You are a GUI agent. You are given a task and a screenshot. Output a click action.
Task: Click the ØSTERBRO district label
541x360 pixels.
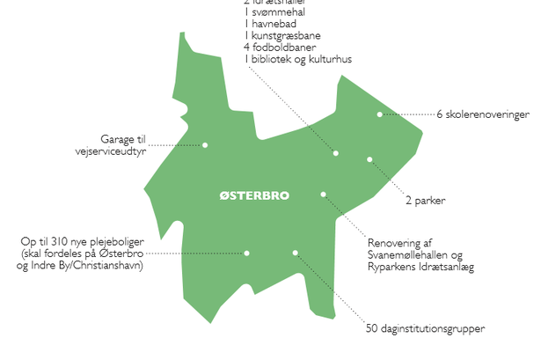pos(254,195)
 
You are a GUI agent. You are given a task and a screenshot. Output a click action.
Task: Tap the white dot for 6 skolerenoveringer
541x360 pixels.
pos(380,114)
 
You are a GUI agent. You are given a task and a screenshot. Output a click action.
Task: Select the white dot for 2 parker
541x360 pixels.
pos(369,159)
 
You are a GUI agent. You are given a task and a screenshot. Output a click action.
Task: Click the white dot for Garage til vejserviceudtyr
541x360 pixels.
pos(205,144)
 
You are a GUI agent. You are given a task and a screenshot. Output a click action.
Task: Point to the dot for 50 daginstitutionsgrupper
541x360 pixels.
pos(296,253)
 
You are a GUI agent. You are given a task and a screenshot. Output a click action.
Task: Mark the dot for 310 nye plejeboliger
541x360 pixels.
pos(247,253)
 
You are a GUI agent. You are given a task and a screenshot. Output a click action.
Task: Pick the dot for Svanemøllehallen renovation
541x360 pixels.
pos(324,194)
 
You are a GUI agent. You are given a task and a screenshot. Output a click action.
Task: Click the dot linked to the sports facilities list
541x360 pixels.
pos(336,153)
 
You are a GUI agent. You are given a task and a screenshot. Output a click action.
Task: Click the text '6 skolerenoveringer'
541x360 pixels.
pos(483,114)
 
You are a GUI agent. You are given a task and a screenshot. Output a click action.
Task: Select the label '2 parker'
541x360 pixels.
pos(427,201)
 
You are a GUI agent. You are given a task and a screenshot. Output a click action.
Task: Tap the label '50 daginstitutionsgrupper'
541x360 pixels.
pos(425,330)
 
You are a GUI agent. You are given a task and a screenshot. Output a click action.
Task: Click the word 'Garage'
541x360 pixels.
pos(118,139)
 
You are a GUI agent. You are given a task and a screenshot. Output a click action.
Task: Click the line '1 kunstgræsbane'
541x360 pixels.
pos(281,36)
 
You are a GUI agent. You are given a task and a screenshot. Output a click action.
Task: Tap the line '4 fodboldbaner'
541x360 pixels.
pos(279,48)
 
